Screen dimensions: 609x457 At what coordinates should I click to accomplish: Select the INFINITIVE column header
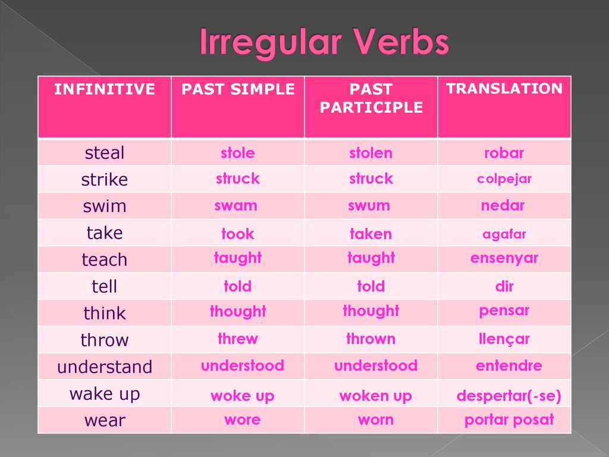pyautogui.click(x=105, y=89)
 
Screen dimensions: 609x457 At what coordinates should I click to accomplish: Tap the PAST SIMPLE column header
pyautogui.click(x=238, y=89)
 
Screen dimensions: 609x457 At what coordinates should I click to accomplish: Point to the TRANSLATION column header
pyautogui.click(x=504, y=89)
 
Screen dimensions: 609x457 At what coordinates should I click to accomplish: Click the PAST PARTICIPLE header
pyautogui.click(x=371, y=98)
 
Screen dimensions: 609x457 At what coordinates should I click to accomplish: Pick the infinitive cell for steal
pyautogui.click(x=105, y=152)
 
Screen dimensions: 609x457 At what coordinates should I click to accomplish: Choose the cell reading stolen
pyautogui.click(x=371, y=153)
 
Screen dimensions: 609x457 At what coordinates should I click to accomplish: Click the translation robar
pyautogui.click(x=504, y=153)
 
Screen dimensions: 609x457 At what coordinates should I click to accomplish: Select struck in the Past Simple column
pyautogui.click(x=238, y=179)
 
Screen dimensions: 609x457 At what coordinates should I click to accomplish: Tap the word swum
pyautogui.click(x=369, y=205)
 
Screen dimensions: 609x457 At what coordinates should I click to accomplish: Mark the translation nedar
pyautogui.click(x=503, y=205)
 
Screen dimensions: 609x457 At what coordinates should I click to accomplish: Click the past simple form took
pyautogui.click(x=238, y=233)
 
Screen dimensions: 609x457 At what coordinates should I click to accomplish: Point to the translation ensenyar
pyautogui.click(x=504, y=258)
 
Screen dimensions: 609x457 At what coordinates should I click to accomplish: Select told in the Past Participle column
pyautogui.click(x=371, y=286)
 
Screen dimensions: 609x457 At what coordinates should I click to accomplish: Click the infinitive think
pyautogui.click(x=105, y=312)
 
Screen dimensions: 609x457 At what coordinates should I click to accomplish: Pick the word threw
pyautogui.click(x=238, y=339)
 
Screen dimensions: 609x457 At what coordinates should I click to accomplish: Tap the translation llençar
pyautogui.click(x=504, y=339)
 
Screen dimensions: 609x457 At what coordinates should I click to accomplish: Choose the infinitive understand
pyautogui.click(x=105, y=367)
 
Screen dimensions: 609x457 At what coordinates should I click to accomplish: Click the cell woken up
pyautogui.click(x=375, y=396)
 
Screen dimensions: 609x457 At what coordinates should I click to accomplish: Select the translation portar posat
pyautogui.click(x=509, y=420)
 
